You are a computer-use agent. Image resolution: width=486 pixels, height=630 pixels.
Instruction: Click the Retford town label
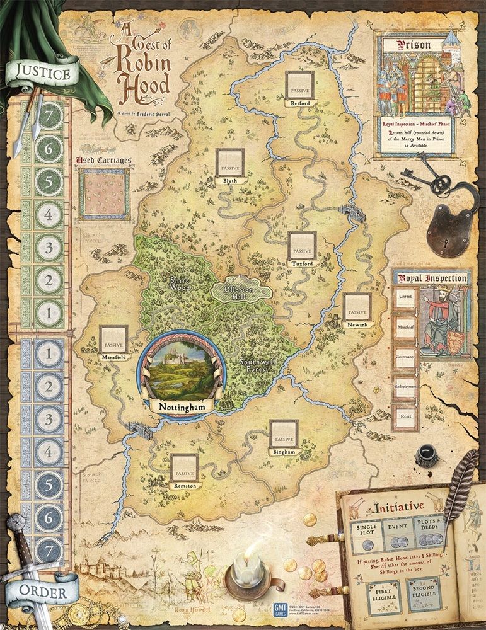click(x=298, y=103)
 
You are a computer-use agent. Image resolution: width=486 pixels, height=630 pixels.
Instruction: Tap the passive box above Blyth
click(x=230, y=163)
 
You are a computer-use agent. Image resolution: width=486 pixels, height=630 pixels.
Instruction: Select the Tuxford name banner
click(x=300, y=263)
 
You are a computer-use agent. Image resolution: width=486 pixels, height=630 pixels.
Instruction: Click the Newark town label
click(x=357, y=324)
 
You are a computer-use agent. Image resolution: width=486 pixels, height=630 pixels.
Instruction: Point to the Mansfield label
click(x=114, y=357)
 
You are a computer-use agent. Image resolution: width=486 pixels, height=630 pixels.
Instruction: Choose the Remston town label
click(x=183, y=486)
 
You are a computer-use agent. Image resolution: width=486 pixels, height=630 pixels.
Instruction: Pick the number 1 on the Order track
click(x=48, y=353)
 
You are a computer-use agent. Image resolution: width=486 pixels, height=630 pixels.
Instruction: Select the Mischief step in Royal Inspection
click(x=405, y=328)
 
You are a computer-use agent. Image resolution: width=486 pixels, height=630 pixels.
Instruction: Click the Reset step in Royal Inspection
click(x=405, y=416)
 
